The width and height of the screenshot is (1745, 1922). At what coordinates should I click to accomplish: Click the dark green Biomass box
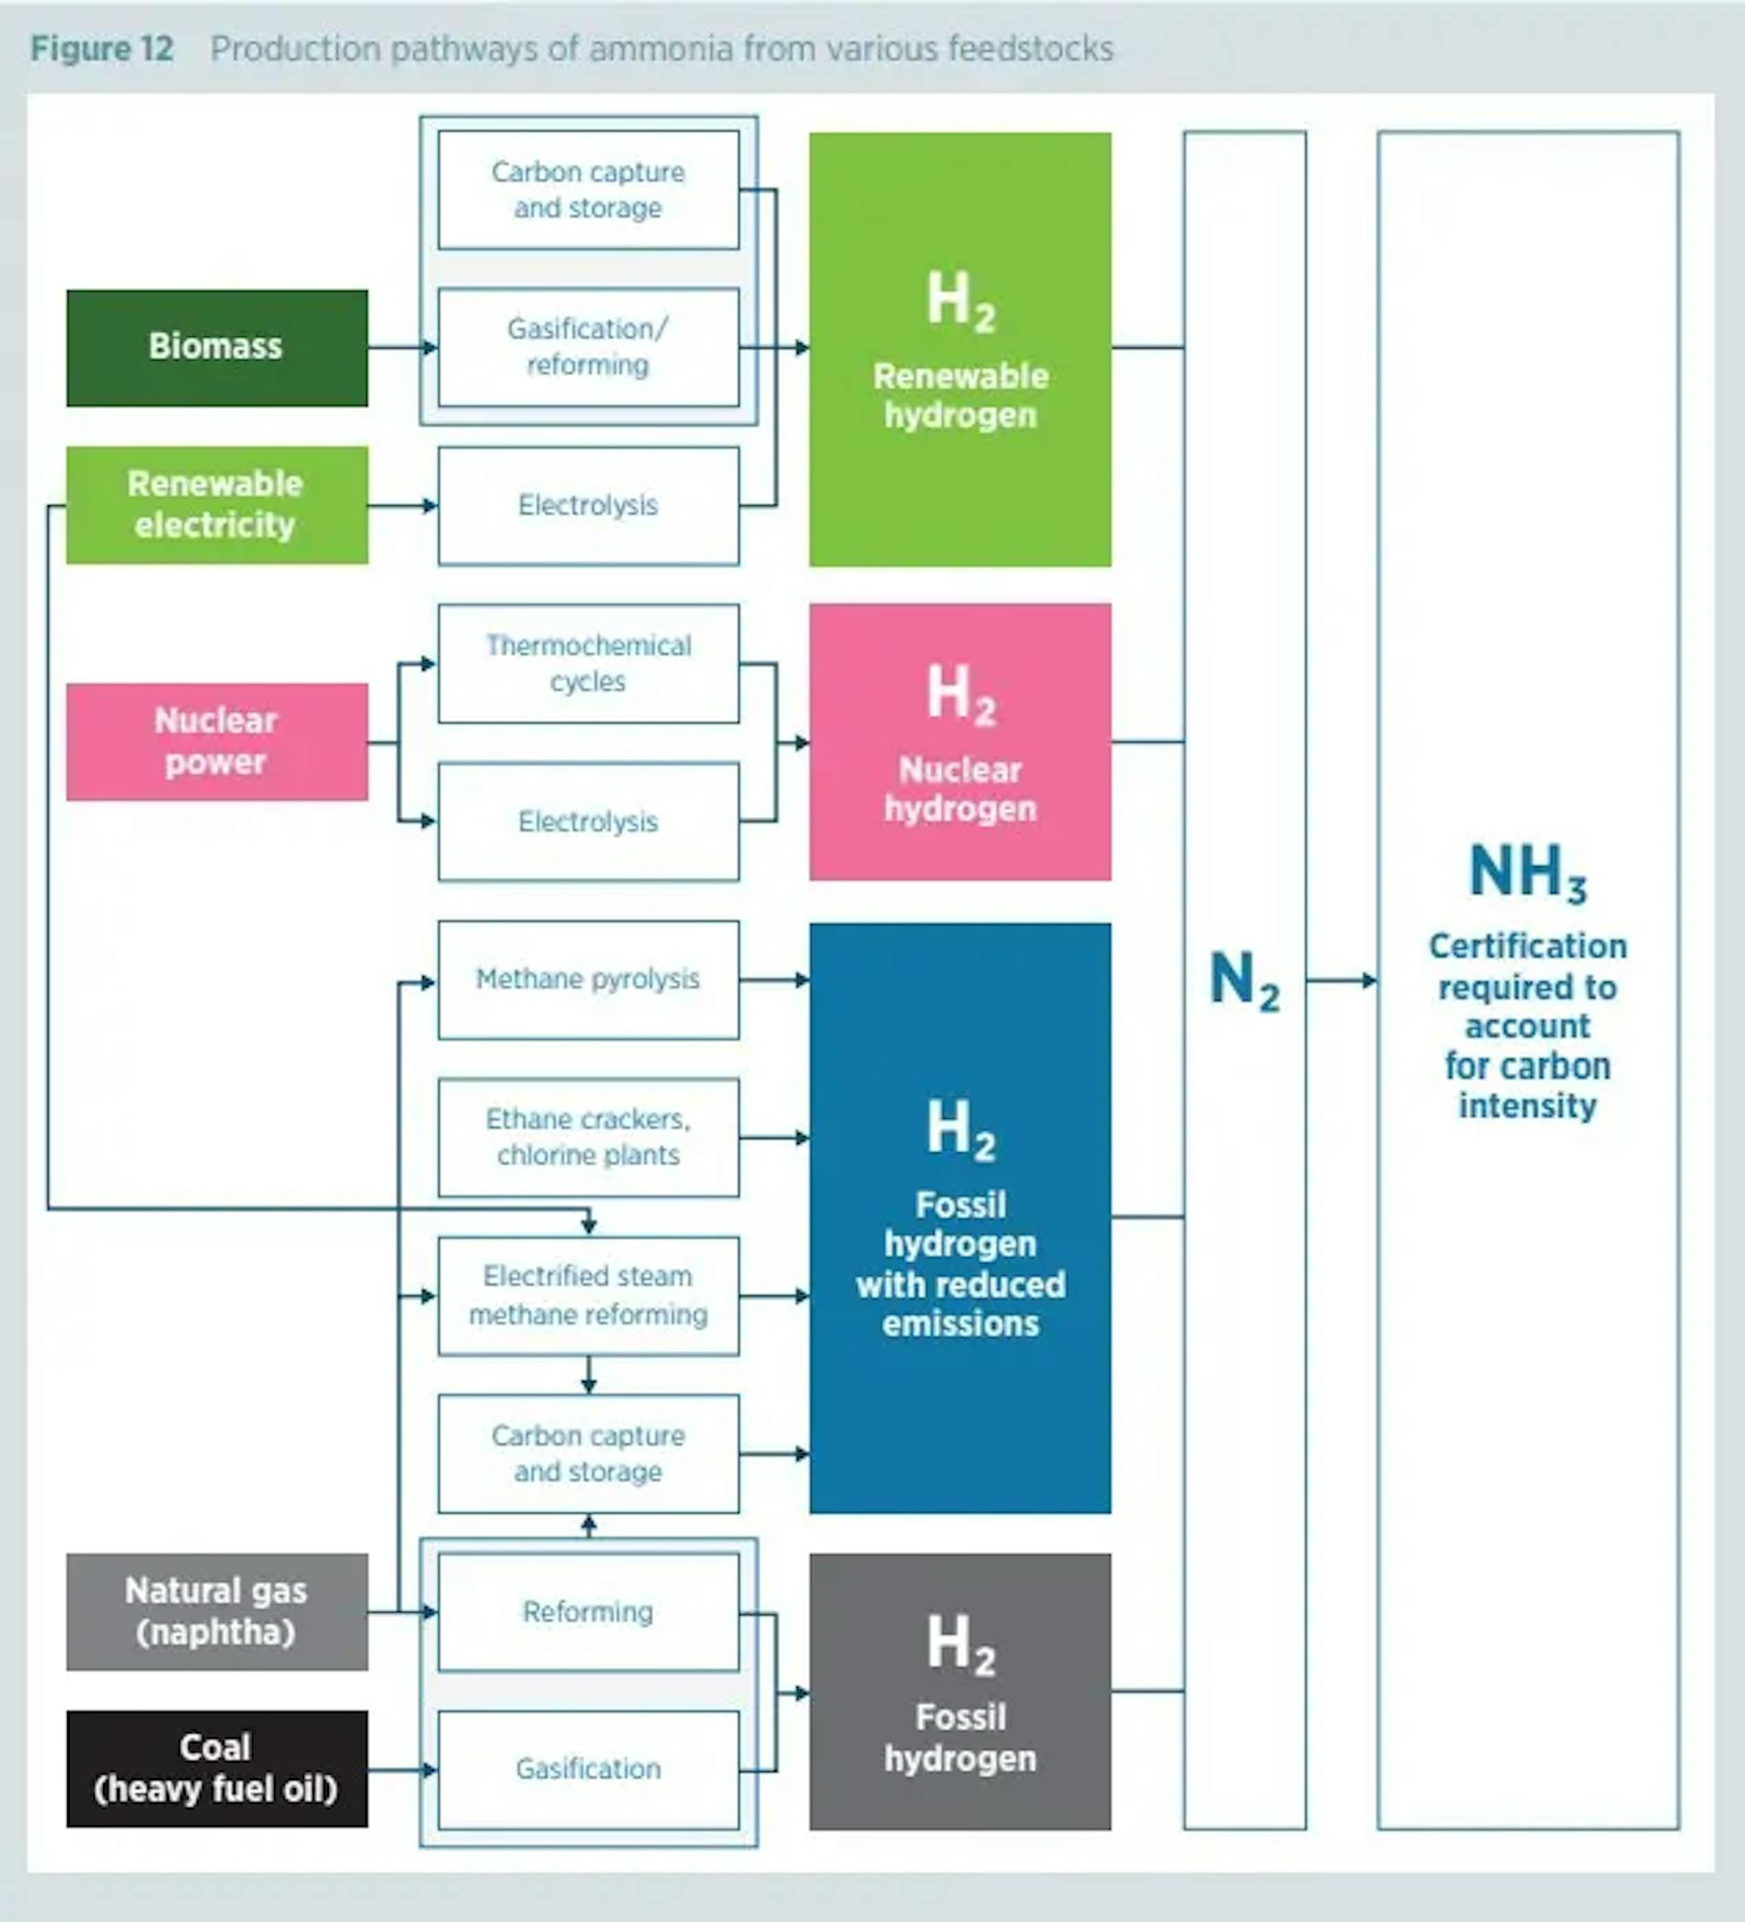(217, 348)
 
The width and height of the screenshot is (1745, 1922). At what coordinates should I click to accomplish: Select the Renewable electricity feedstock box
(217, 505)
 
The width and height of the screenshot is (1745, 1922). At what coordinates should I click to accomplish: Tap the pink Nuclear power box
(217, 742)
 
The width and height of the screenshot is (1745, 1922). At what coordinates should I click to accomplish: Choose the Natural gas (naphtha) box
(217, 1612)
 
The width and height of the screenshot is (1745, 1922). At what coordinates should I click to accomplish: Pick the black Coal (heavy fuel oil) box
(217, 1768)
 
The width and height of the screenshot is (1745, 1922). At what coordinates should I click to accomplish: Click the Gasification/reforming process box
(588, 347)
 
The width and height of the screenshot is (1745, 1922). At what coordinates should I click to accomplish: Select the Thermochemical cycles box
(588, 663)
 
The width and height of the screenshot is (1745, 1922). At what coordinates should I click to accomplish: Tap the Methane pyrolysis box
(588, 979)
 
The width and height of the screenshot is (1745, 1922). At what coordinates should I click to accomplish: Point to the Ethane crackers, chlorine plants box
(588, 1137)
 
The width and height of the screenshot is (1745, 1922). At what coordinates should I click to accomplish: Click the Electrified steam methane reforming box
(588, 1295)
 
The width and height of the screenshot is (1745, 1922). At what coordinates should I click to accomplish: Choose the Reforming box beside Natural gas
(588, 1612)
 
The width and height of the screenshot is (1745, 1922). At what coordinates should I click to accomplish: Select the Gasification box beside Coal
(588, 1769)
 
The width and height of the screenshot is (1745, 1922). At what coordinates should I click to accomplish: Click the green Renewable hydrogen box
(961, 349)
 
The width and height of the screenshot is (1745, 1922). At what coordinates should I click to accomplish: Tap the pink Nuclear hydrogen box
(961, 742)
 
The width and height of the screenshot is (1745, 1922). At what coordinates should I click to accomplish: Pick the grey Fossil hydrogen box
(961, 1692)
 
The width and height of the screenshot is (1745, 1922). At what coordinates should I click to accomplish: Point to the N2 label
(1245, 981)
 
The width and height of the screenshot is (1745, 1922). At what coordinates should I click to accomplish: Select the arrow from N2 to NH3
(1342, 980)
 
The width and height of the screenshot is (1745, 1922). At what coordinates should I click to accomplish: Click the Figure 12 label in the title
(102, 49)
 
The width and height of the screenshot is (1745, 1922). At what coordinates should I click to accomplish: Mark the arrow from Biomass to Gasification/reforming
(403, 348)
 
